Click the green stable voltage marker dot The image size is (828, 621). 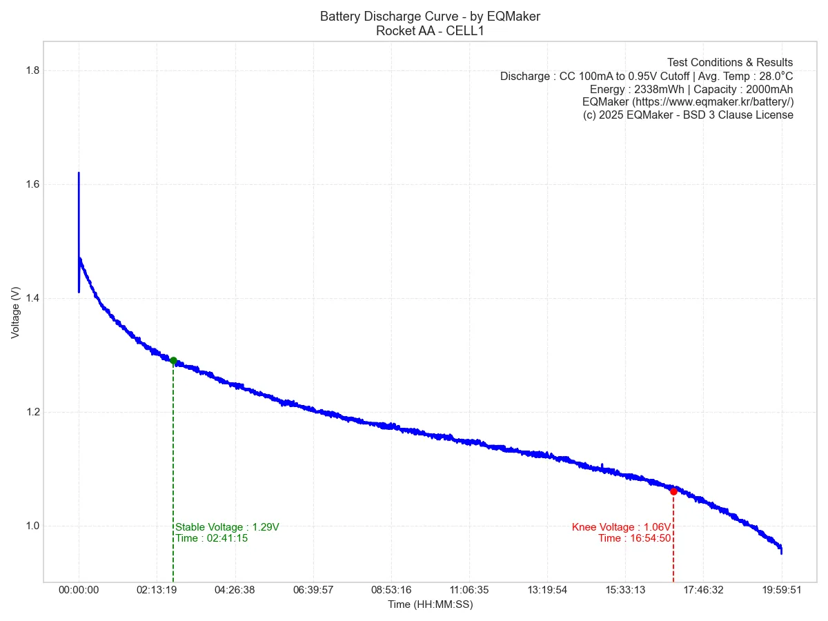173,360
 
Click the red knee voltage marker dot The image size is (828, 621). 673,491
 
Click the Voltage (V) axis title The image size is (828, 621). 16,312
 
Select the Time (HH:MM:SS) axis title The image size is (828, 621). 430,604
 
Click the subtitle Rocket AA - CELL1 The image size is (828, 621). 430,30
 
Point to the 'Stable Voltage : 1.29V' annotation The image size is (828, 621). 228,527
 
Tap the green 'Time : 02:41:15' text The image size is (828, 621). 212,538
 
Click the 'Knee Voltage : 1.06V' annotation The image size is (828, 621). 621,527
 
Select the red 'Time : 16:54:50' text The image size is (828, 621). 634,538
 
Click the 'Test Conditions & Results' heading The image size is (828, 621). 730,63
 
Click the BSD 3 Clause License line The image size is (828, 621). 688,115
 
